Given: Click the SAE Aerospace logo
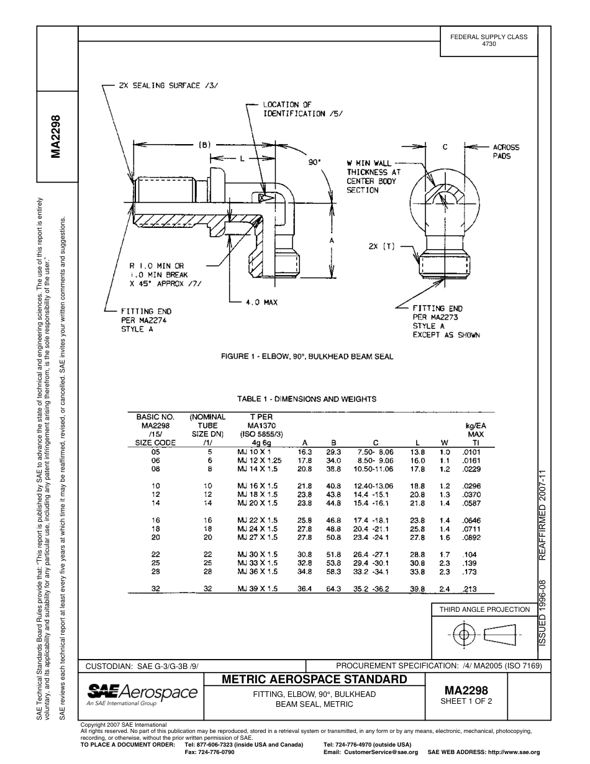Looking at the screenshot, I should [142, 694].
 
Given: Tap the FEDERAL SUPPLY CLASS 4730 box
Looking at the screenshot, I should [489, 40].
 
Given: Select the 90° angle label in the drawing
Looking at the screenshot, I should [315, 162].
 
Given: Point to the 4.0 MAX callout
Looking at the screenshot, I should [261, 302].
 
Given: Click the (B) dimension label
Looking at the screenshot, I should [205, 145].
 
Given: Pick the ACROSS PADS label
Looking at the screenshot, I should [506, 152].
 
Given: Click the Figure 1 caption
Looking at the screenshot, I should [307, 357].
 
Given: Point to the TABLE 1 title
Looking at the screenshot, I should [307, 399].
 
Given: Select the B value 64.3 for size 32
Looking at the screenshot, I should [334, 589].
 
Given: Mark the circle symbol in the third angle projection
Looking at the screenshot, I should [463, 635].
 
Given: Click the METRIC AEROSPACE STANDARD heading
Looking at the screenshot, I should [314, 679].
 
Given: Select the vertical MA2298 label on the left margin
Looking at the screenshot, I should [57, 137].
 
